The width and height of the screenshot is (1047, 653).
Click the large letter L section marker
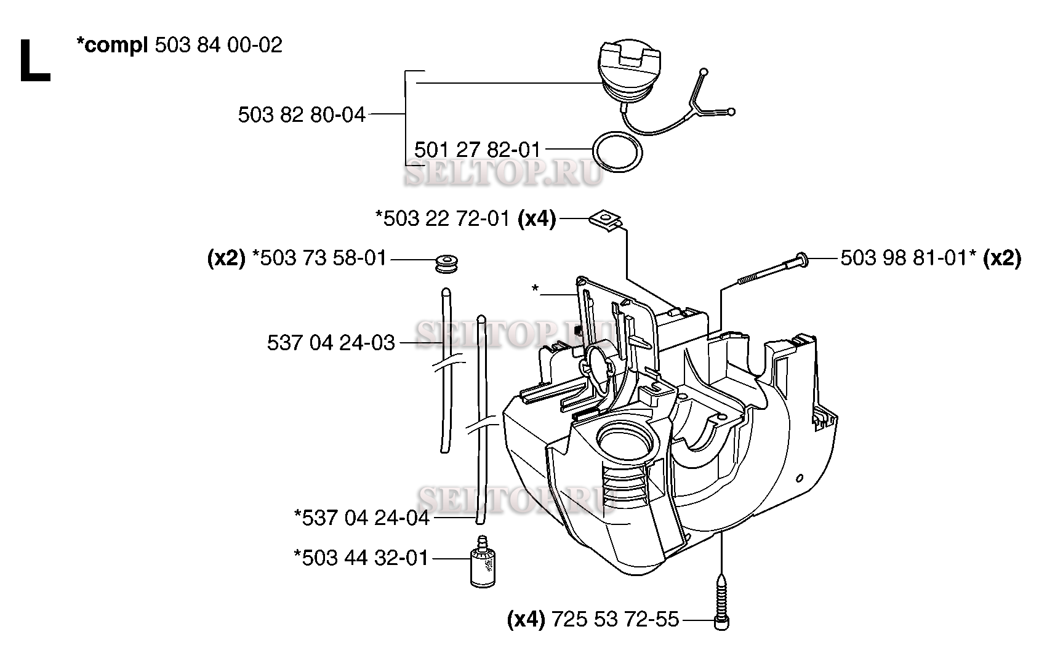pos(34,61)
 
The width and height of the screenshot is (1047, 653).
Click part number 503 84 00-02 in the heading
pos(219,46)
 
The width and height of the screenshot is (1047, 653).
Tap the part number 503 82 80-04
pos(302,114)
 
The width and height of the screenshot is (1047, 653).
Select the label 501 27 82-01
pos(477,150)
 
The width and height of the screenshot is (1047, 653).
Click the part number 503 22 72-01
pos(446,218)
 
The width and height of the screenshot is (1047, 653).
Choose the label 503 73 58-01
pos(323,258)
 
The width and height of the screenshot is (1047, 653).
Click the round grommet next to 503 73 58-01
pos(446,264)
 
